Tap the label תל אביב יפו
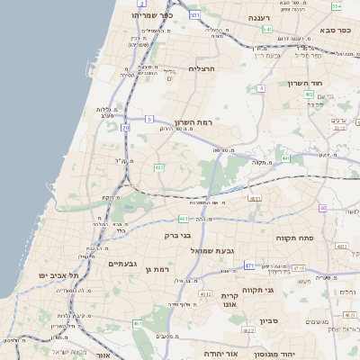58,274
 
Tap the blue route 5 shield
149,119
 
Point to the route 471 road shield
249,266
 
